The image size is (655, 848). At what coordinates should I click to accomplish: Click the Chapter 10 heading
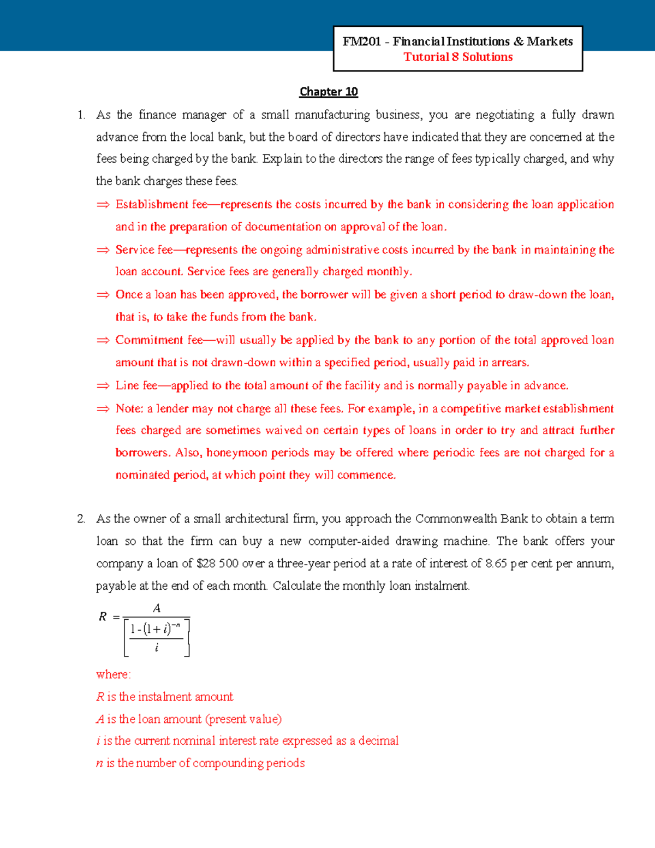tap(329, 92)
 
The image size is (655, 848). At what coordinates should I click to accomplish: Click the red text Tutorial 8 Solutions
tap(458, 57)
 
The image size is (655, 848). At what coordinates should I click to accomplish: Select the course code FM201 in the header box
tap(361, 41)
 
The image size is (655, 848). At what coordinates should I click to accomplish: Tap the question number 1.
tap(81, 115)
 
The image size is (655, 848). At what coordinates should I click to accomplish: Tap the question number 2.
tap(81, 519)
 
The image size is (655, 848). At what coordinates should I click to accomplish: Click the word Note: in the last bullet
tap(129, 408)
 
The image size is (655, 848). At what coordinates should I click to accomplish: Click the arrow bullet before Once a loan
tap(103, 295)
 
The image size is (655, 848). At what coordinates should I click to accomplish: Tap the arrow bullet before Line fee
tap(103, 386)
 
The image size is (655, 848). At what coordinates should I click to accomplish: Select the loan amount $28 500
tap(217, 564)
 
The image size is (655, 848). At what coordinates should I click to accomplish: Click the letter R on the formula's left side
tap(102, 617)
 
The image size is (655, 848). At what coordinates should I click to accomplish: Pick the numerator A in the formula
tap(157, 608)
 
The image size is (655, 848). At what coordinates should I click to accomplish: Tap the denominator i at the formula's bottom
tap(157, 648)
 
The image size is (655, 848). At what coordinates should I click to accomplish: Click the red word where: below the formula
tap(114, 674)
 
